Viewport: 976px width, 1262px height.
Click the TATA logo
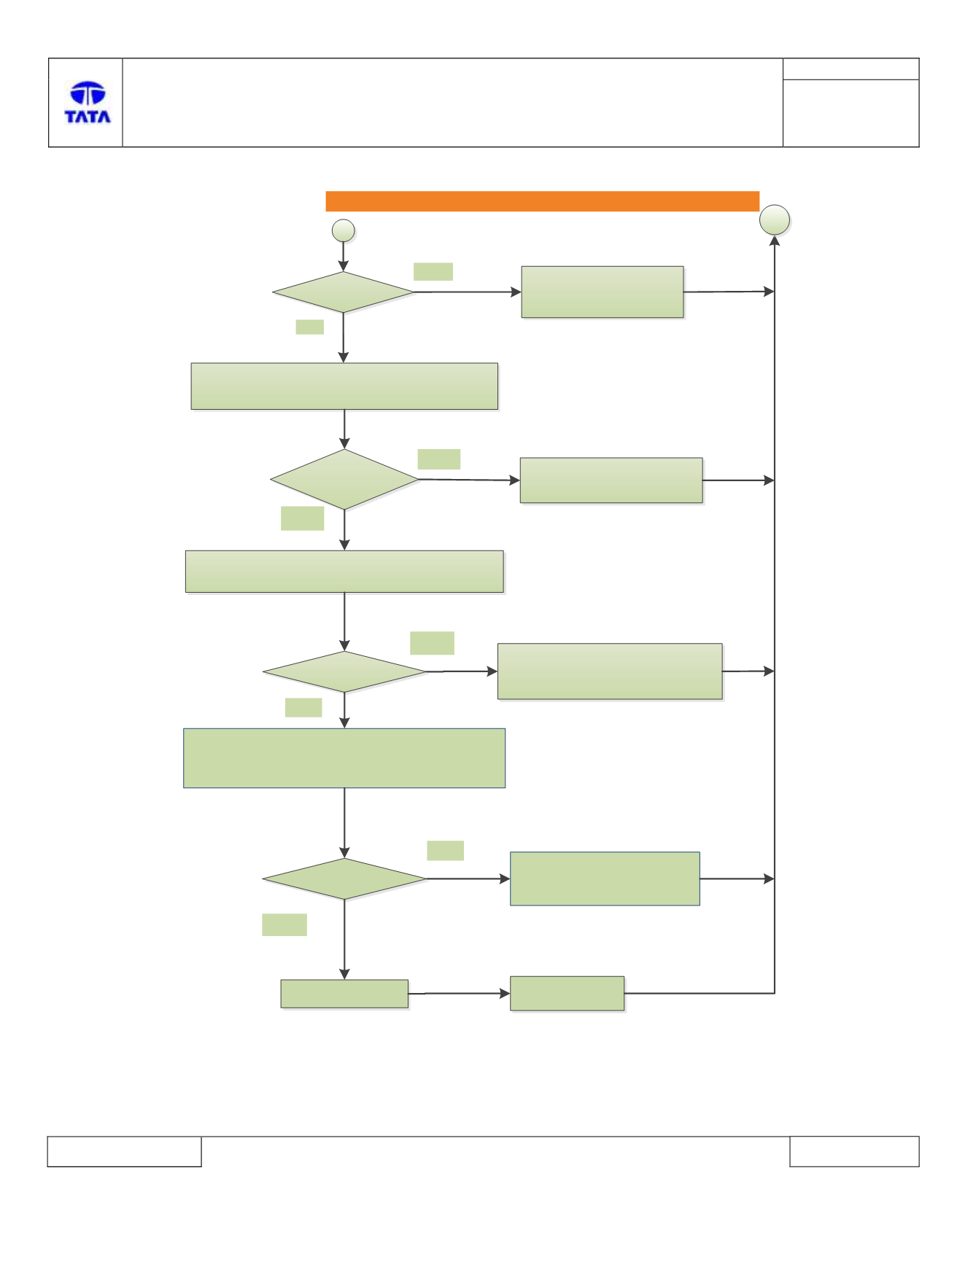click(88, 102)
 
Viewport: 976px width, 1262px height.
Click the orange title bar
click(542, 201)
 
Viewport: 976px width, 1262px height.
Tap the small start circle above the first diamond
click(344, 231)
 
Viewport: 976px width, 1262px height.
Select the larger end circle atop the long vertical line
click(775, 219)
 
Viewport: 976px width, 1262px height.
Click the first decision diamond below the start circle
click(344, 292)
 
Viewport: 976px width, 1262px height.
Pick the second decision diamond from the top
click(344, 479)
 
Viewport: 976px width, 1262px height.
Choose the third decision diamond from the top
click(344, 671)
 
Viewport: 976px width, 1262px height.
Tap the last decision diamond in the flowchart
click(344, 879)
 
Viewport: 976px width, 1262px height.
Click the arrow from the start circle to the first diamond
click(344, 257)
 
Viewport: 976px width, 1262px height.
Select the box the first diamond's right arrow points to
click(603, 292)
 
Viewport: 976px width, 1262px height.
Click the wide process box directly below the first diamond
click(344, 386)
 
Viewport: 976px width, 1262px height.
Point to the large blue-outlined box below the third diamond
click(344, 758)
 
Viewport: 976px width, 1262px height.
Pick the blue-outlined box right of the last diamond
click(605, 879)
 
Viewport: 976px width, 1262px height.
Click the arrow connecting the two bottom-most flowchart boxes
click(459, 993)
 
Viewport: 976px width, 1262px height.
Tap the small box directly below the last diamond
click(344, 994)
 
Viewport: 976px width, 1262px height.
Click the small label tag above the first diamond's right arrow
click(433, 271)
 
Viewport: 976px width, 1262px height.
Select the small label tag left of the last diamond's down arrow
click(284, 924)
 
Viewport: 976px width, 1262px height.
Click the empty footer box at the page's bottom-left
click(124, 1151)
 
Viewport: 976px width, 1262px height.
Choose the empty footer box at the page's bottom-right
click(854, 1151)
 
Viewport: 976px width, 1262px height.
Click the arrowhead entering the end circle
click(775, 241)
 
